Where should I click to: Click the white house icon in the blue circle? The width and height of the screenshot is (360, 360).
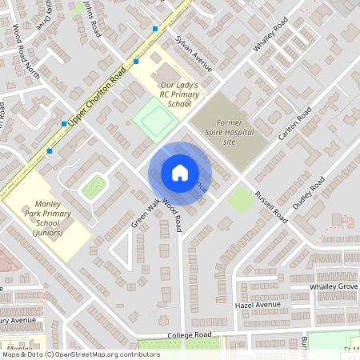coord(180,173)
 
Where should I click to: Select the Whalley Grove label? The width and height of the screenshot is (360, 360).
coord(331,286)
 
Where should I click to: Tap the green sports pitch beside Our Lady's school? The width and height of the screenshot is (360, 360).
coord(154,117)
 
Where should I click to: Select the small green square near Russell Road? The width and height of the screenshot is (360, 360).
coord(241,199)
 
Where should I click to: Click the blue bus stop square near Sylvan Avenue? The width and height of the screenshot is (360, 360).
coord(155,29)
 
